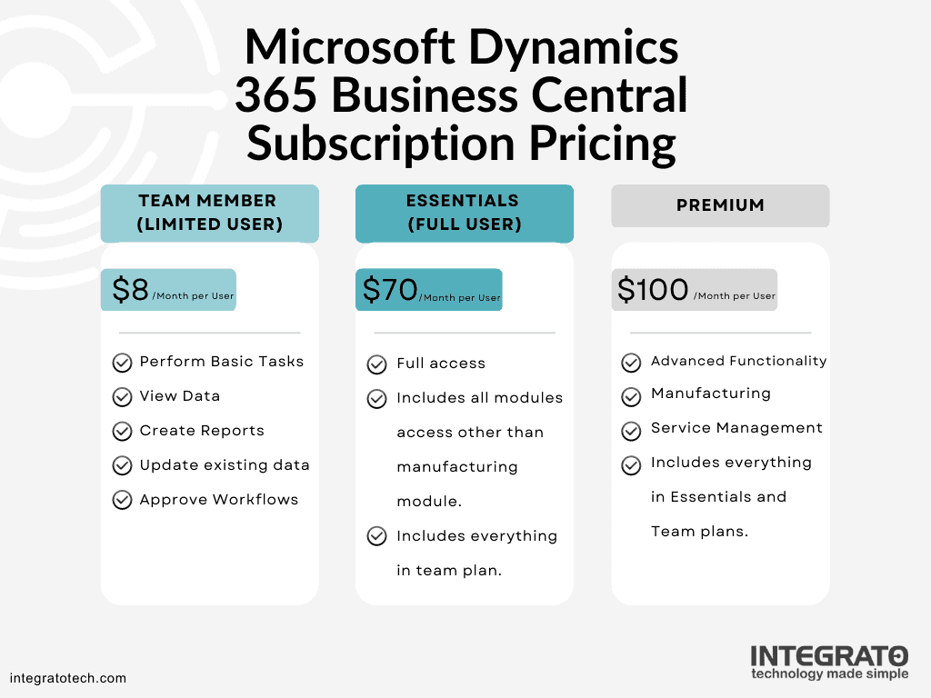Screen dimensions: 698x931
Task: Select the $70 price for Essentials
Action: [x=390, y=289]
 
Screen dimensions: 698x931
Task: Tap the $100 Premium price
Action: [x=653, y=289]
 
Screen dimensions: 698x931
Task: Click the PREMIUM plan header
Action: [x=720, y=206]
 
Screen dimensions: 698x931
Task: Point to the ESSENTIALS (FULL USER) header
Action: [x=464, y=213]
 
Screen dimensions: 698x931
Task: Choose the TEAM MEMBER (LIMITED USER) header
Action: [x=209, y=213]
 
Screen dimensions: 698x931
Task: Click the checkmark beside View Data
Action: [x=122, y=397]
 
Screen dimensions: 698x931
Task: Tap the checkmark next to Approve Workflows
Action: [x=122, y=500]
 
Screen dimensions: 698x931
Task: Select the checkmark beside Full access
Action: [x=377, y=364]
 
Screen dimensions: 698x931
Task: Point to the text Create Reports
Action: [x=202, y=431]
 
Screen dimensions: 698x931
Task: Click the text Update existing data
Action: [x=225, y=465]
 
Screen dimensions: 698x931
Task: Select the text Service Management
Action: [x=736, y=428]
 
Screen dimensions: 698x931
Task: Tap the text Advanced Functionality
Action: [x=738, y=361]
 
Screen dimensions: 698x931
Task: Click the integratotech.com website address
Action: [x=68, y=678]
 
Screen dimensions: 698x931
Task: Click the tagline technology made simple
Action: [x=828, y=674]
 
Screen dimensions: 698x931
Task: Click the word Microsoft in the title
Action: [x=347, y=47]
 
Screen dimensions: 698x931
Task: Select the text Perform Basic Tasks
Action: [x=222, y=362]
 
